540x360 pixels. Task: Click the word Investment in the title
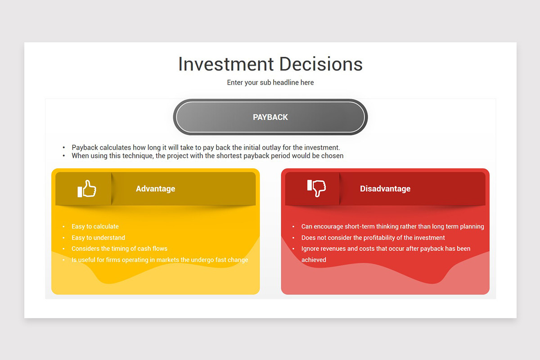click(x=226, y=64)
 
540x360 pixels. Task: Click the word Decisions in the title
click(x=321, y=64)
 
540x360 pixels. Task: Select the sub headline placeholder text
click(x=270, y=82)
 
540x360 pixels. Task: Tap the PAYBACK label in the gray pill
click(x=270, y=117)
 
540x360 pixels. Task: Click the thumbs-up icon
click(x=87, y=189)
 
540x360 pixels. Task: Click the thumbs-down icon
click(x=316, y=188)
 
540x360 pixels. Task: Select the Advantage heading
click(x=156, y=189)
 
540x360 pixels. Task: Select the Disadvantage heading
click(x=385, y=189)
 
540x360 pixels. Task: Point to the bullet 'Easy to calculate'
click(x=95, y=226)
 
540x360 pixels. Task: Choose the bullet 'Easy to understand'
click(x=99, y=238)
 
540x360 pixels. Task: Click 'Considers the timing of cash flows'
click(x=119, y=248)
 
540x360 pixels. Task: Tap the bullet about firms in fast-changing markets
click(x=160, y=260)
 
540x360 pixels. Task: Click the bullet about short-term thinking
click(x=393, y=226)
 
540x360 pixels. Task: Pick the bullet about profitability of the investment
click(x=373, y=238)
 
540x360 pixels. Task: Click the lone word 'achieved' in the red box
click(x=314, y=260)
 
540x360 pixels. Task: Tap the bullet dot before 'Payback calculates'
click(x=63, y=148)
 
